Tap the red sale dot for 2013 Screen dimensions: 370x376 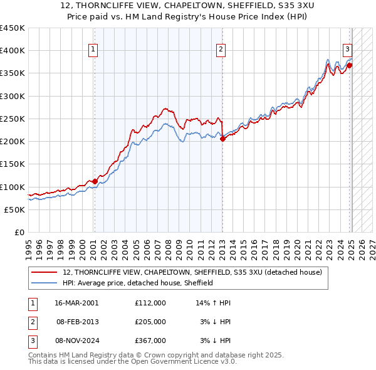click(x=222, y=139)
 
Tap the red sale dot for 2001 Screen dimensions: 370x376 click(x=95, y=181)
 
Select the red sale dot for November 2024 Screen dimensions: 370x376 click(x=349, y=65)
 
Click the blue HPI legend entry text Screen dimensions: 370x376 click(x=138, y=283)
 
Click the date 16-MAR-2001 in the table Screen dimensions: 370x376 click(x=76, y=302)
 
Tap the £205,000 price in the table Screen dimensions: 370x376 click(x=150, y=322)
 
